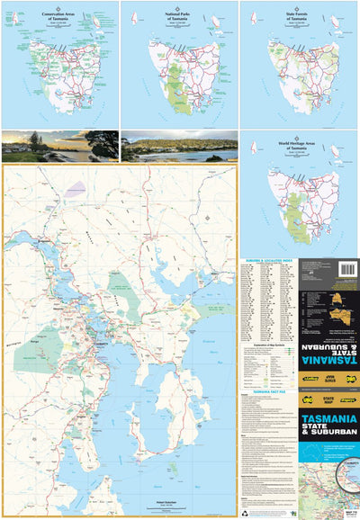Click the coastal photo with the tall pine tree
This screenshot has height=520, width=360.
point(59,146)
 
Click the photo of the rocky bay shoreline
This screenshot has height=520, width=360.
point(179,146)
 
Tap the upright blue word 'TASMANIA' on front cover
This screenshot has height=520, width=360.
point(328,419)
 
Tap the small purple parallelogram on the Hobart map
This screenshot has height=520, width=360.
point(76,188)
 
